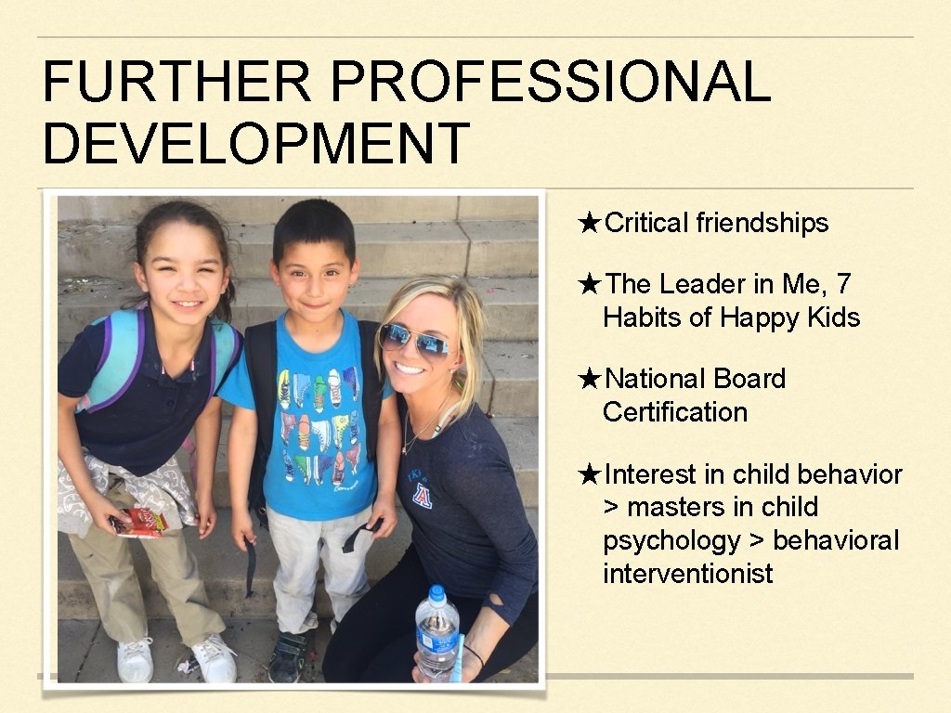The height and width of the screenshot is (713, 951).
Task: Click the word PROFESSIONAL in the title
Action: (550, 82)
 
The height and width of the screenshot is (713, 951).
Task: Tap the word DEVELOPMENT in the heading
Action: (256, 144)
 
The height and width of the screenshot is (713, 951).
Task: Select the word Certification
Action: (675, 411)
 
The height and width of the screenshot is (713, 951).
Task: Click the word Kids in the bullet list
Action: (832, 318)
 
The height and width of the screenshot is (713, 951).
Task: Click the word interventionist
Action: (687, 574)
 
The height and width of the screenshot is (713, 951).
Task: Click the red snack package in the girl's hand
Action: (139, 522)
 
